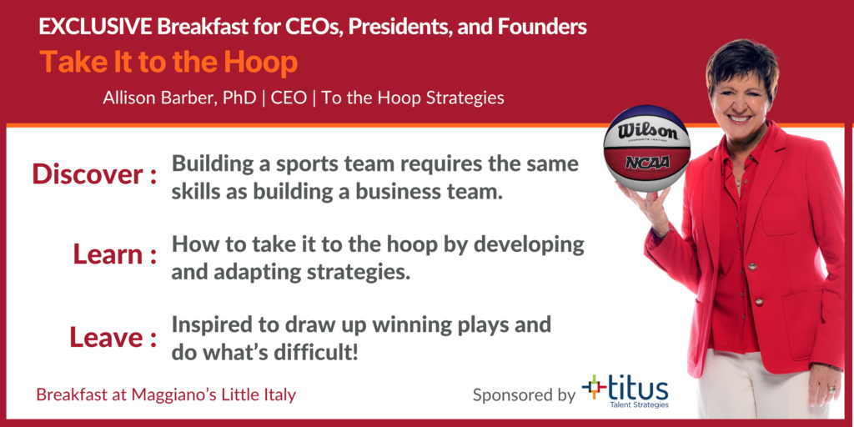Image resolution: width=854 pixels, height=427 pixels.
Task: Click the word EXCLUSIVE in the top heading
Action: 95,28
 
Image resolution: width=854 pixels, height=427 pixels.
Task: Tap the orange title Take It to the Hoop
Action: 168,63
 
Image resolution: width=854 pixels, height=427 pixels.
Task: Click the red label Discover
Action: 88,174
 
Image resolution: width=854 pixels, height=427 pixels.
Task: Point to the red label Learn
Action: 108,254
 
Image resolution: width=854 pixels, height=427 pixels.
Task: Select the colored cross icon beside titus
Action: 594,387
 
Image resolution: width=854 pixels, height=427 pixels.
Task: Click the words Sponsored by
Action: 524,394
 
